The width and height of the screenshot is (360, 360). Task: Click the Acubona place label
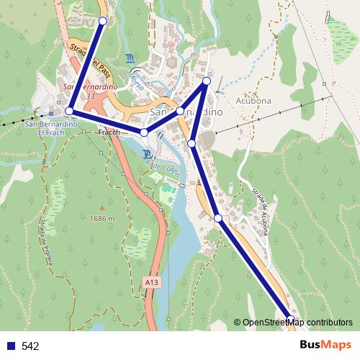[253, 102]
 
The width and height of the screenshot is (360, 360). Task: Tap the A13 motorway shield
[150, 282]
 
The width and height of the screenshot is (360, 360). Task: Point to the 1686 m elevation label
[102, 218]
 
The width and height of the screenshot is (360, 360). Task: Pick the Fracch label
[109, 132]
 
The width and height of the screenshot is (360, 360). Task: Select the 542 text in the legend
[30, 346]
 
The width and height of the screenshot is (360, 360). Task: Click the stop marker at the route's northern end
[102, 21]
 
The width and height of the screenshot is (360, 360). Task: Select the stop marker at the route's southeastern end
[291, 320]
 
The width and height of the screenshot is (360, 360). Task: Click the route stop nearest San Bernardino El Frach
[69, 111]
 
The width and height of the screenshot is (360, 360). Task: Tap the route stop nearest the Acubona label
[207, 81]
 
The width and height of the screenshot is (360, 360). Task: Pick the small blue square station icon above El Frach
[51, 112]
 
